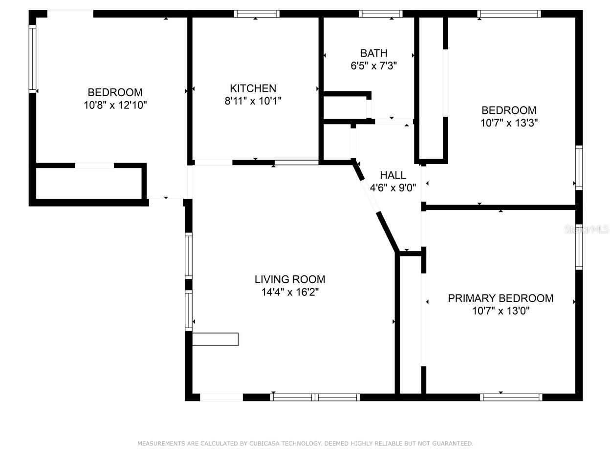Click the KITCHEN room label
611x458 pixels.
253,88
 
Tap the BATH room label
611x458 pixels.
374,53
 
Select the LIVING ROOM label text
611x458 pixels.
290,279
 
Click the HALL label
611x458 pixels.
393,175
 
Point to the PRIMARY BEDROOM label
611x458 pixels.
501,298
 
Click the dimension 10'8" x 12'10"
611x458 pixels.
115,105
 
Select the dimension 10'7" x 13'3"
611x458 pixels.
509,123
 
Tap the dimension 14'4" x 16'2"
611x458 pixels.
290,292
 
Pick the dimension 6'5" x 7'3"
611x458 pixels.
374,66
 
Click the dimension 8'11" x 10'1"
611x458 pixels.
253,101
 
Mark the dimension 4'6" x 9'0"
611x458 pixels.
393,188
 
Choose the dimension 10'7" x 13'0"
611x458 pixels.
501,311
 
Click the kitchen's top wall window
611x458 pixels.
257,14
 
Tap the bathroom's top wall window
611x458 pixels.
380,14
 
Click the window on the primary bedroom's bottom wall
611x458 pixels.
511,397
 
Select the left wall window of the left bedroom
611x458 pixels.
33,59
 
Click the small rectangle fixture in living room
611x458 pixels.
215,339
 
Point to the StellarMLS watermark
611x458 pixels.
587,229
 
